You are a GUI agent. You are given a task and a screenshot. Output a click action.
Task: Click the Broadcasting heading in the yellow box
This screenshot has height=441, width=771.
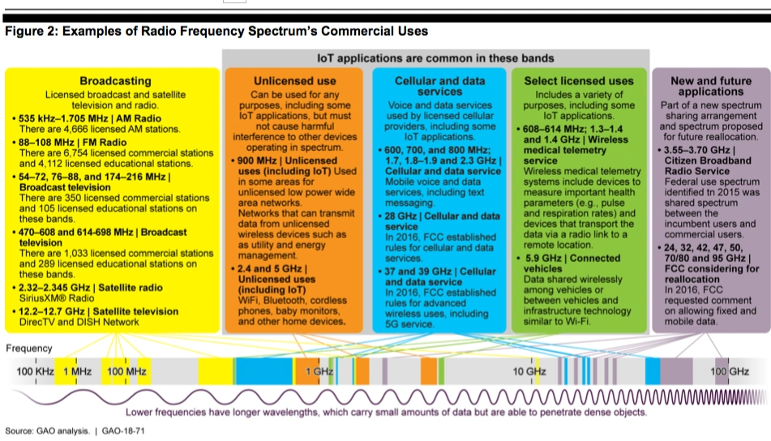pyautogui.click(x=115, y=81)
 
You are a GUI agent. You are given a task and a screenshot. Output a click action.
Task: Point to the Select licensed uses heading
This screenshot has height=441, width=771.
pyautogui.click(x=579, y=81)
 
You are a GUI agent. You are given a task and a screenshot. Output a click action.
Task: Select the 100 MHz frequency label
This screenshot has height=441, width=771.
pyautogui.click(x=126, y=371)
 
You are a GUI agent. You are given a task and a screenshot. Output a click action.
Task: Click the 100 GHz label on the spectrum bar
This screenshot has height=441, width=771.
pyautogui.click(x=729, y=371)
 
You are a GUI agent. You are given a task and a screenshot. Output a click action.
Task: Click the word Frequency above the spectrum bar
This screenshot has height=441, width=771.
pyautogui.click(x=29, y=349)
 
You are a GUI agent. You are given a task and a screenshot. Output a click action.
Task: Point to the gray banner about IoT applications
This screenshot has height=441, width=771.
pyautogui.click(x=435, y=58)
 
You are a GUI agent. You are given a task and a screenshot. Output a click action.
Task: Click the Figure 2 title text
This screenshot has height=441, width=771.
pyautogui.click(x=216, y=32)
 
